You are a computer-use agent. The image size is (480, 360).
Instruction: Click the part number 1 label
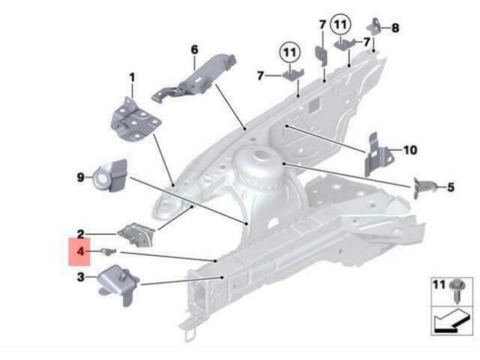tap(132, 78)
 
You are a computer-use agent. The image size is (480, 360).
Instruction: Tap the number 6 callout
tap(195, 49)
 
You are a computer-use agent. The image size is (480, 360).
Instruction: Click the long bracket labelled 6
tap(194, 79)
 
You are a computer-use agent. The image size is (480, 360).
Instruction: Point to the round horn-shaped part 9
tap(111, 175)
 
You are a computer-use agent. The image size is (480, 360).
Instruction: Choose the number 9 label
tap(80, 177)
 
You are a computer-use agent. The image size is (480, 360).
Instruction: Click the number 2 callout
tap(80, 234)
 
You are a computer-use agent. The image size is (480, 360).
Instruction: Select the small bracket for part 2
tap(136, 235)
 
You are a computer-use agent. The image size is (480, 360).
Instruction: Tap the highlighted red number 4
tap(80, 252)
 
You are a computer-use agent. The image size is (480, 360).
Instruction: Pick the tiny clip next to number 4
tap(109, 251)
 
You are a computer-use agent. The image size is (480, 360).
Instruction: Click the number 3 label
tap(80, 277)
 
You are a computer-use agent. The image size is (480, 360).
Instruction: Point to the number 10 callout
tap(410, 150)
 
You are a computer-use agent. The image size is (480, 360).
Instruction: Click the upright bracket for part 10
tap(377, 154)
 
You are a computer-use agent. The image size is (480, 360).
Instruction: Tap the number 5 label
tap(451, 187)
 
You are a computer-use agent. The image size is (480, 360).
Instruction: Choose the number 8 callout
tap(395, 28)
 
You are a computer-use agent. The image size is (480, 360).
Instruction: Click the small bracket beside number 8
tap(374, 25)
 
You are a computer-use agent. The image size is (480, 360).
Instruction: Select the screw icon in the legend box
tap(457, 290)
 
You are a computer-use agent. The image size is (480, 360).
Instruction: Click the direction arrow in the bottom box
tap(451, 321)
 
